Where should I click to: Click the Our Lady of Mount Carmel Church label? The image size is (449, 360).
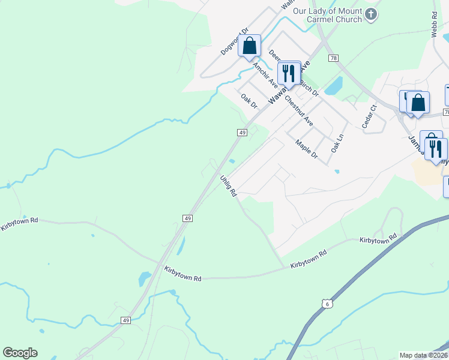[327, 15]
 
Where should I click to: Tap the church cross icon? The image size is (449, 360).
[372, 14]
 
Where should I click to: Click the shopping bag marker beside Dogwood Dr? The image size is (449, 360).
[249, 46]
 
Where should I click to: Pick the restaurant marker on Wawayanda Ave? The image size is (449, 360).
[289, 74]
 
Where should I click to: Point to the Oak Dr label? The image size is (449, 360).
[249, 100]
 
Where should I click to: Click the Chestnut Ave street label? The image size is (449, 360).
[299, 110]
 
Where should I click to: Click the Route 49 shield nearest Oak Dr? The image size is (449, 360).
[243, 132]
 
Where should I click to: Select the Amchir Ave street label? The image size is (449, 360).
[264, 74]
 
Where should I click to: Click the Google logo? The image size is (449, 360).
[20, 353]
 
